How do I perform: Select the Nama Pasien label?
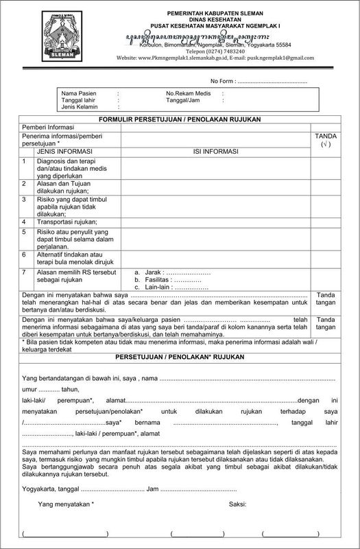77,92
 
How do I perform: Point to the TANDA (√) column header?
326,141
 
